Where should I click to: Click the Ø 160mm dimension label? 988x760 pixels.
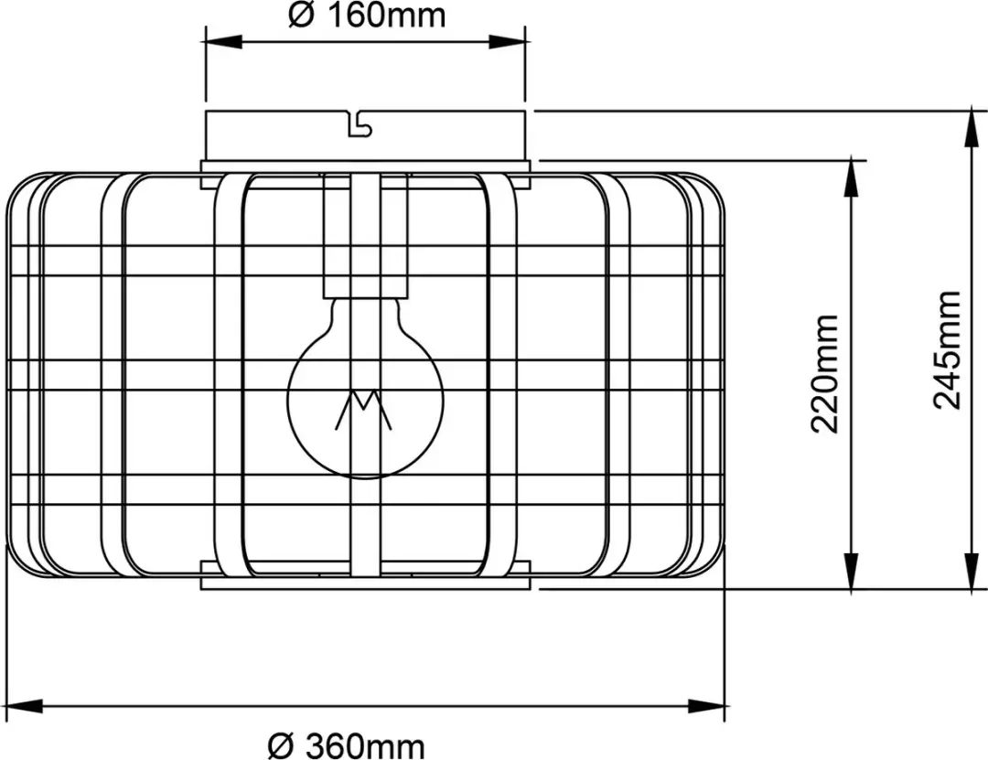point(367,16)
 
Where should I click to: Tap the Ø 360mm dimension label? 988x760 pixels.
point(346,746)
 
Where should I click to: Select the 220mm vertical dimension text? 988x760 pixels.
point(824,374)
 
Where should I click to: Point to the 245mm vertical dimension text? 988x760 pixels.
point(947,350)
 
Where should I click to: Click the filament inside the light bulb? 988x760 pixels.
point(363,410)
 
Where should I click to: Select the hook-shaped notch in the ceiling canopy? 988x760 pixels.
point(360,124)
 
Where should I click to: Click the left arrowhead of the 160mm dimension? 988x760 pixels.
point(224,42)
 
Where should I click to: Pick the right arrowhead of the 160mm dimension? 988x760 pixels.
point(507,42)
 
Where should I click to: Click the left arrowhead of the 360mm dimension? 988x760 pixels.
point(24,706)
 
